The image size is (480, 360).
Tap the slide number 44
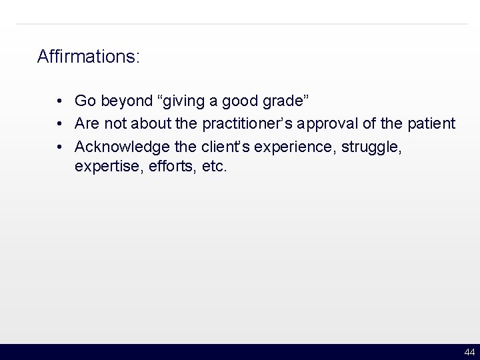(x=469, y=352)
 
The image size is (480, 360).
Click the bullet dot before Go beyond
(x=60, y=101)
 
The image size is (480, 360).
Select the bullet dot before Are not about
(x=60, y=124)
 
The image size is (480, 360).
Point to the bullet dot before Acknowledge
(x=60, y=147)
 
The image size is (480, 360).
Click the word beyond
(x=125, y=101)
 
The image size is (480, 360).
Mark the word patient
(x=432, y=124)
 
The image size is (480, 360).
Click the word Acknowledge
(x=123, y=147)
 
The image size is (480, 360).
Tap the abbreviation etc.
(x=214, y=167)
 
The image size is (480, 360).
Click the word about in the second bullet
(x=151, y=124)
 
